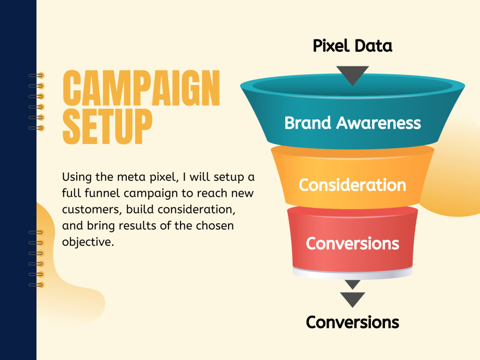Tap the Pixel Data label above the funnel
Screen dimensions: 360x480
coord(352,46)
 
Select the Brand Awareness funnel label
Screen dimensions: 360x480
coord(352,123)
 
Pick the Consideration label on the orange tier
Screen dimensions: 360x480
coord(352,185)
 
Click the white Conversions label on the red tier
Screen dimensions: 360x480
coord(352,243)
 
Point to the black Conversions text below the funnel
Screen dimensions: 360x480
coord(352,322)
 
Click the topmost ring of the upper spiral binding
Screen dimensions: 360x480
coord(36,75)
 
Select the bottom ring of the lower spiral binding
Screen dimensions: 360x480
coord(36,285)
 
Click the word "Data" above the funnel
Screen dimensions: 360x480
coord(374,46)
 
